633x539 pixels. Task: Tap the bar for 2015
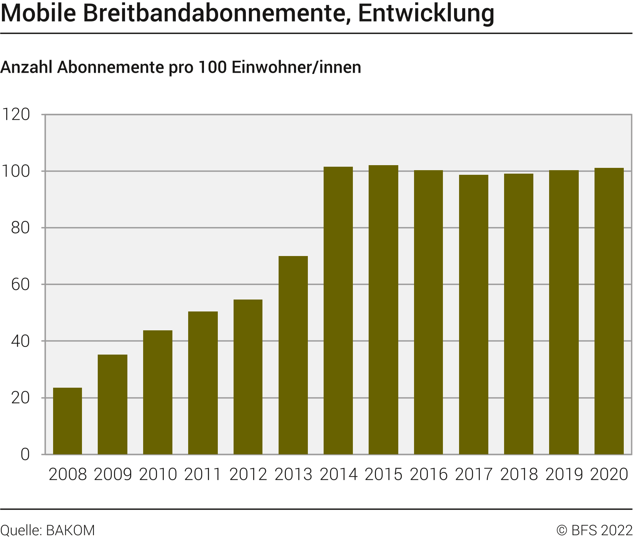pos(383,310)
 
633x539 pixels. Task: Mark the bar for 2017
pos(473,315)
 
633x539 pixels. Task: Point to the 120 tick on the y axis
pos(16,114)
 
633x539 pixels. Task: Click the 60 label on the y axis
pos(20,285)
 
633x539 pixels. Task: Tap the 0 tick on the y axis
pos(25,454)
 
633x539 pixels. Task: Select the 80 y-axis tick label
pos(20,228)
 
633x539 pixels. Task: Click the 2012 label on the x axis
pos(248,474)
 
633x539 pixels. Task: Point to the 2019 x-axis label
pos(564,474)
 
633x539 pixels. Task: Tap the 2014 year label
pos(339,474)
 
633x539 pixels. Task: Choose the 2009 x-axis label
pos(113,474)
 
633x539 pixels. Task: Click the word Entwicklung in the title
pos(426,13)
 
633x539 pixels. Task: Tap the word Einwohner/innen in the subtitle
pos(296,67)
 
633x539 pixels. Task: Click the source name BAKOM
pos(70,531)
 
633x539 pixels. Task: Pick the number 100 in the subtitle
pos(212,67)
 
